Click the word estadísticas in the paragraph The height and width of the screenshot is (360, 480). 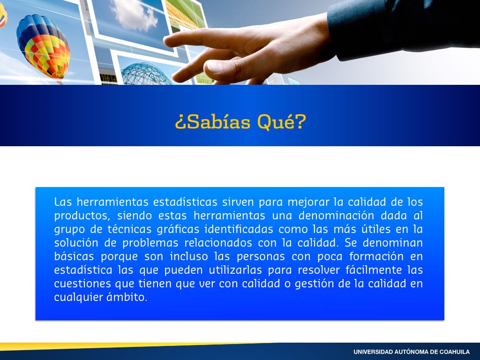pyautogui.click(x=185, y=202)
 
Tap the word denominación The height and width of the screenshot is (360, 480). pyautogui.click(x=336, y=216)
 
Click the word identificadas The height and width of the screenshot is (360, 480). pyautogui.click(x=239, y=229)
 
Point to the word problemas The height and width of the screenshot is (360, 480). pyautogui.click(x=150, y=243)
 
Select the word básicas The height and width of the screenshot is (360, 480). pyautogui.click(x=74, y=256)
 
